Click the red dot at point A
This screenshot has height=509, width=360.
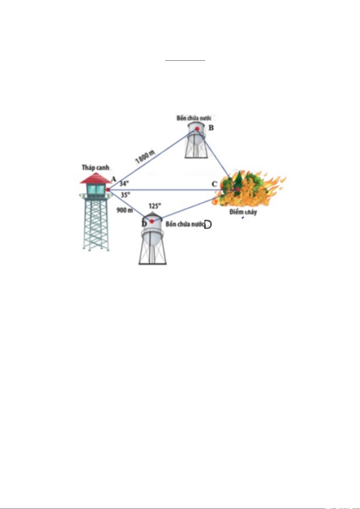(x=108, y=189)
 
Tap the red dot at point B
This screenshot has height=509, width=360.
(x=197, y=129)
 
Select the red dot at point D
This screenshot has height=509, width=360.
(x=152, y=221)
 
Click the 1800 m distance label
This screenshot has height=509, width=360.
(x=145, y=157)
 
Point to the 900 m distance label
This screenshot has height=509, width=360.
(x=125, y=210)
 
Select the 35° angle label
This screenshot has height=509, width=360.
(x=125, y=195)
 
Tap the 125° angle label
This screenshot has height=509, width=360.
(x=155, y=206)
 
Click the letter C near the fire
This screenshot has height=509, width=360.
(x=214, y=184)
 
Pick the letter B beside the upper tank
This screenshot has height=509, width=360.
(x=211, y=128)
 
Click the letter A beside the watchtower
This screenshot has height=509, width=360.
(x=114, y=179)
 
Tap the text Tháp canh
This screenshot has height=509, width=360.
(x=95, y=168)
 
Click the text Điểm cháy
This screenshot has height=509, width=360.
(x=243, y=212)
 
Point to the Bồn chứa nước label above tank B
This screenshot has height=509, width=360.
(x=194, y=118)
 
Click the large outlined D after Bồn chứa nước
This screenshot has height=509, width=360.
(x=208, y=224)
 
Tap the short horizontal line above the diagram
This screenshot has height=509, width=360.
(x=185, y=61)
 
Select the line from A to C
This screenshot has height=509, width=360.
(x=172, y=189)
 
